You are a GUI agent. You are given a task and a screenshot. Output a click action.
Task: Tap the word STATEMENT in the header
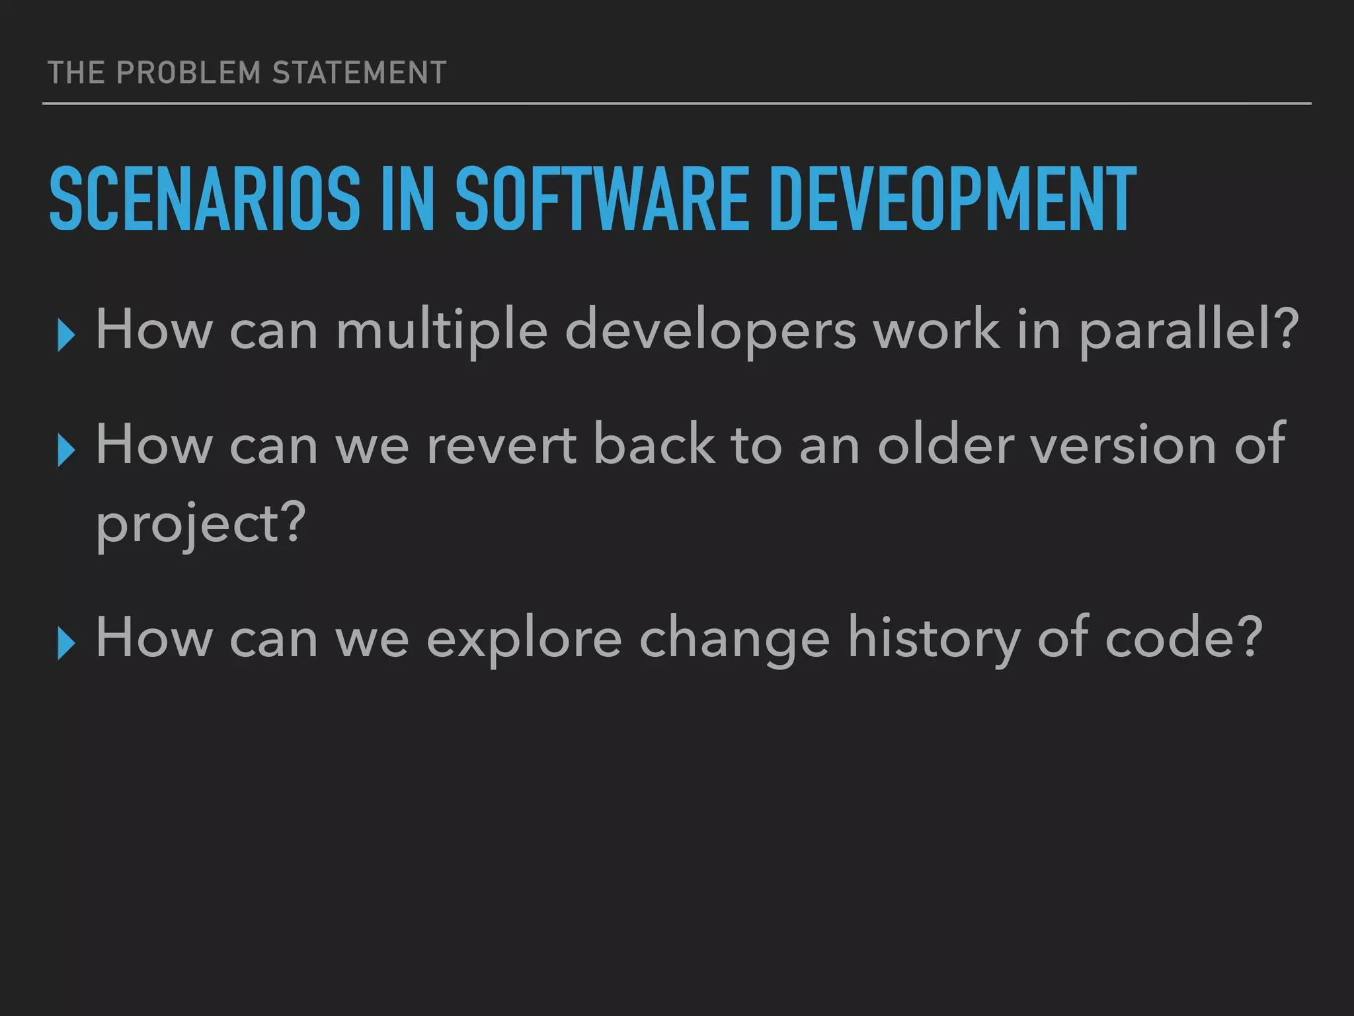click(359, 73)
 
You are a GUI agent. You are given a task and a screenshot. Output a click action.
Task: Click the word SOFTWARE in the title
click(602, 199)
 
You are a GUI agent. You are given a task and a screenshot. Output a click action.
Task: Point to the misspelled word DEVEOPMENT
click(952, 199)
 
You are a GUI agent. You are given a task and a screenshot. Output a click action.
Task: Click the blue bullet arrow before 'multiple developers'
click(65, 335)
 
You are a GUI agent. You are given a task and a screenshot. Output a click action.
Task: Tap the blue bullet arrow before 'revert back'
click(65, 450)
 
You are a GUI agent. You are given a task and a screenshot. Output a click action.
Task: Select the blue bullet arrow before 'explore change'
click(65, 643)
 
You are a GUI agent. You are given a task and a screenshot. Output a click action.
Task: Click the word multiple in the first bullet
click(442, 331)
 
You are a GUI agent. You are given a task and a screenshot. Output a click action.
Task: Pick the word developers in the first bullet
click(711, 331)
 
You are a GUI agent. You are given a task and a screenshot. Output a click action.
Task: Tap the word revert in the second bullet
click(501, 446)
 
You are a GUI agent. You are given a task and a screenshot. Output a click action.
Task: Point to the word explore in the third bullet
click(524, 639)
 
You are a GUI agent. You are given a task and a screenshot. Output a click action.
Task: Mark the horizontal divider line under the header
click(676, 104)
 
